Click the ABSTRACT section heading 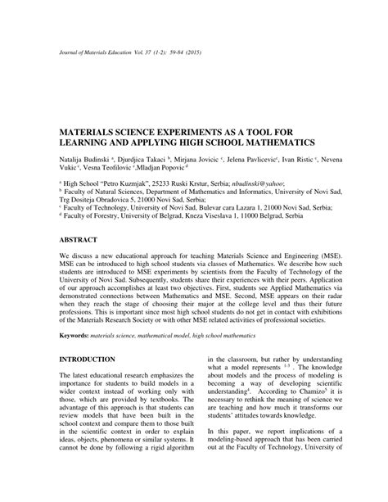(x=78, y=240)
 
